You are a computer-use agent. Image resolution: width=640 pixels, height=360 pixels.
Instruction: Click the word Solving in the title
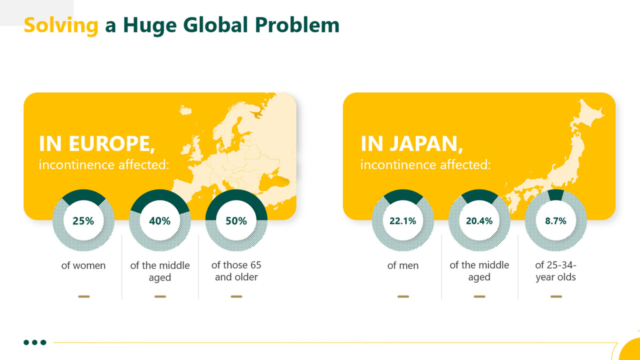point(61,25)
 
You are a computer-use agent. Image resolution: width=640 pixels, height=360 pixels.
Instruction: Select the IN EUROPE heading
point(97,143)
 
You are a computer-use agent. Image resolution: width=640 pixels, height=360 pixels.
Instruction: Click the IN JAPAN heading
point(411,143)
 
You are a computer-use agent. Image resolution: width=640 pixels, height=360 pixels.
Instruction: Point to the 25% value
point(83,221)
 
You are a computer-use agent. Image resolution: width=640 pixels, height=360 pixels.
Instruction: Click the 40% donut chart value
point(159,221)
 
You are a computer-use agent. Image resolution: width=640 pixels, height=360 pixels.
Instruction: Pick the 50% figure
point(236,221)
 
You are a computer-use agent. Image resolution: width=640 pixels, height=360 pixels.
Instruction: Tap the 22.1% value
point(403,221)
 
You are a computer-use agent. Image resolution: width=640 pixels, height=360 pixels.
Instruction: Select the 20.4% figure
point(479,221)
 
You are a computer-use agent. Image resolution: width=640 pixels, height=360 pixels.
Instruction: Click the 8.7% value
point(555,221)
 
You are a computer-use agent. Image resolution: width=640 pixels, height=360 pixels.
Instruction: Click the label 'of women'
point(83,265)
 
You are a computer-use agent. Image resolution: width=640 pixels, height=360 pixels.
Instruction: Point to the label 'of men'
point(403,265)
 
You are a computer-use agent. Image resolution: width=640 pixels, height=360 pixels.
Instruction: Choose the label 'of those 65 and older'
point(236,271)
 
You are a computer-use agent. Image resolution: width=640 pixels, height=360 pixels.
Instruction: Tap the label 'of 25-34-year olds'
point(555,271)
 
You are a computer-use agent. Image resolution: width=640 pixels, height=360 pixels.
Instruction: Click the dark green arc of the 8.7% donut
point(555,195)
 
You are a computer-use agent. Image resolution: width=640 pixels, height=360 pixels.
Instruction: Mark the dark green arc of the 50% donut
point(236,194)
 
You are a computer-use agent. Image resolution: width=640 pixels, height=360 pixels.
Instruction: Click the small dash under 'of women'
point(83,296)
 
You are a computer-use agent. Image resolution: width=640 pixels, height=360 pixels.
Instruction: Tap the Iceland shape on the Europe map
point(185,110)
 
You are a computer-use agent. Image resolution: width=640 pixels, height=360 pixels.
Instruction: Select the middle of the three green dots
point(35,342)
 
